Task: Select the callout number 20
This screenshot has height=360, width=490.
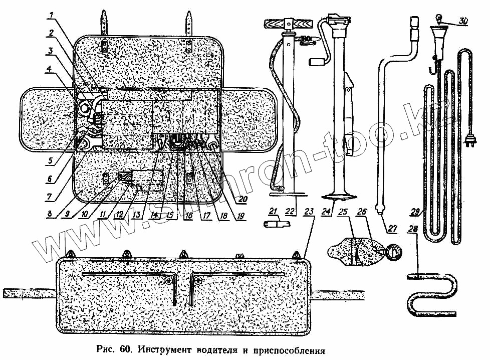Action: pyautogui.click(x=243, y=198)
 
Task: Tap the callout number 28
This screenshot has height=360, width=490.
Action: pyautogui.click(x=412, y=229)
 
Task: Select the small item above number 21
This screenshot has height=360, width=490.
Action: pyautogui.click(x=273, y=222)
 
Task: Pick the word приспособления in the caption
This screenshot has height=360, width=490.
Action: pyautogui.click(x=291, y=349)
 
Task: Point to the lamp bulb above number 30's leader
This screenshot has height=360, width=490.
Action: pyautogui.click(x=438, y=19)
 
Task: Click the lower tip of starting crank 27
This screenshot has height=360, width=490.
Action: pyautogui.click(x=382, y=210)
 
